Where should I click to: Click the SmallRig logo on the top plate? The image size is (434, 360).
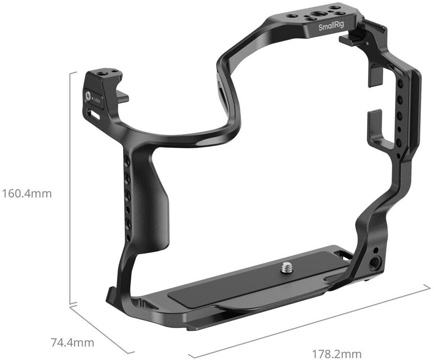click(x=331, y=26)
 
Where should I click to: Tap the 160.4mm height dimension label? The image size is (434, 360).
click(x=27, y=194)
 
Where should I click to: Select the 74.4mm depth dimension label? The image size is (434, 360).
click(x=72, y=342)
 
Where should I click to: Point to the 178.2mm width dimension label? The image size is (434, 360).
click(x=337, y=354)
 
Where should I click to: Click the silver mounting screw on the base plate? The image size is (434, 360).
click(x=285, y=268)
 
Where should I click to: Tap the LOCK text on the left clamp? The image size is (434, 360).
click(x=97, y=100)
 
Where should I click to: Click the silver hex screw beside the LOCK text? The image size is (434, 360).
click(x=88, y=96)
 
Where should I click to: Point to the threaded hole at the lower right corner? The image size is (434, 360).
click(x=375, y=261)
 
